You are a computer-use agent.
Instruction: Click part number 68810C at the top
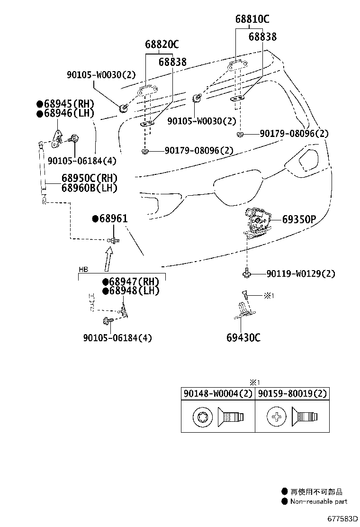coord(252,19)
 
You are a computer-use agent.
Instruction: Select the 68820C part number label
coord(162,44)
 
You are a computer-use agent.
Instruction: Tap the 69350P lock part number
coord(299,219)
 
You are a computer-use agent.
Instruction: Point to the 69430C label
coord(243,337)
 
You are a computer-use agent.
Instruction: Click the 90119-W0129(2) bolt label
coord(301,274)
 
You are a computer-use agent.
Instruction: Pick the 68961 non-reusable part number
coord(110,218)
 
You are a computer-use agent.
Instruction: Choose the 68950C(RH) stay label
coord(90,178)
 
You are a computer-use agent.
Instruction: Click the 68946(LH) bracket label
coord(65,113)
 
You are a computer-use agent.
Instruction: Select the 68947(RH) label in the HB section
coord(131,282)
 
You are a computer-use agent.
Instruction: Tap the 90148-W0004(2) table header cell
coord(218,393)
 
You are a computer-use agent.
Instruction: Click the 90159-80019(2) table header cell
coord(292,393)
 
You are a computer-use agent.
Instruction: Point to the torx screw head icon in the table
coord(203,417)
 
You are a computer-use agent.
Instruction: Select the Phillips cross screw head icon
coord(276,417)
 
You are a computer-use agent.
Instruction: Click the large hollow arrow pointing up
coord(108,259)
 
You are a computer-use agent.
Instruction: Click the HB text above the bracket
coord(83,270)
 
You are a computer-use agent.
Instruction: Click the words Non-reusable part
coord(319,501)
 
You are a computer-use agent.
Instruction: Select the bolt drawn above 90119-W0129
coord(246,272)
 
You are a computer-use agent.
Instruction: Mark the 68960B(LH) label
coord(90,188)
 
